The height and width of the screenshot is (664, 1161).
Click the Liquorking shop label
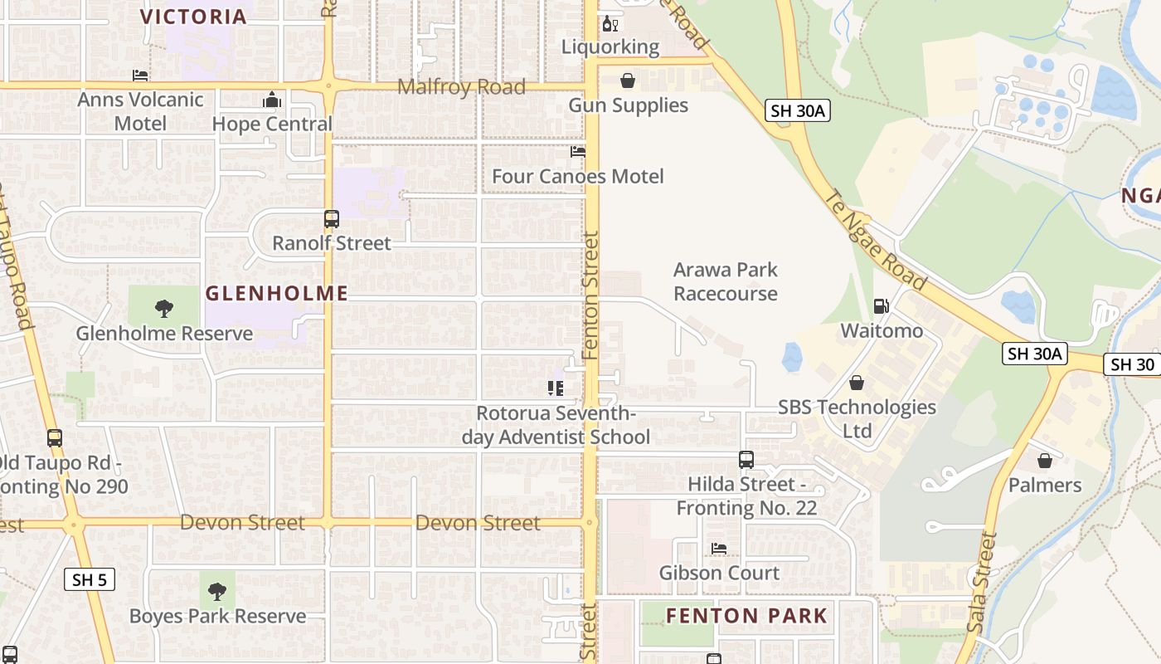(x=610, y=46)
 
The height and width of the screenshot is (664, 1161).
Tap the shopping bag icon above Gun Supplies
(x=628, y=81)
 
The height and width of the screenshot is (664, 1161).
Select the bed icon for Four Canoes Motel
(x=577, y=152)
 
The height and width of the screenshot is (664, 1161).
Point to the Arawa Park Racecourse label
(x=726, y=281)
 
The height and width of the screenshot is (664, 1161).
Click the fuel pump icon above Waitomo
(x=881, y=307)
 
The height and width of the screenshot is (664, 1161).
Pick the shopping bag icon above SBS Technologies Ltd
(x=857, y=383)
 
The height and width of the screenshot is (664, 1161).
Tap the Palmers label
(x=1045, y=485)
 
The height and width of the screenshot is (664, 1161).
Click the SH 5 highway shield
(x=90, y=579)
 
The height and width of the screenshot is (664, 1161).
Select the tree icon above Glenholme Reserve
(x=164, y=309)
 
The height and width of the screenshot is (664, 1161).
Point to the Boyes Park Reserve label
(x=217, y=617)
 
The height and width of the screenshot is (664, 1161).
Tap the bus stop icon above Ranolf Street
(x=332, y=219)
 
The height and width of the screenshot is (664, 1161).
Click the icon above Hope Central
(x=272, y=100)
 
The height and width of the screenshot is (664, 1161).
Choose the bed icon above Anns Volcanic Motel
(x=140, y=76)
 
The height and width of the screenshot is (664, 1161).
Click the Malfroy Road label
(x=461, y=87)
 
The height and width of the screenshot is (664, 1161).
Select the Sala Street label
(x=983, y=583)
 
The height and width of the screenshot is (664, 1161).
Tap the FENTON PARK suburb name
(x=747, y=616)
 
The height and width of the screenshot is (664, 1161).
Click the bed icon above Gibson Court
(x=719, y=549)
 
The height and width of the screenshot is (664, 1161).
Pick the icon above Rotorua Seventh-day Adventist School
(x=556, y=388)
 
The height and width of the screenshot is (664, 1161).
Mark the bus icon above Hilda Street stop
(x=746, y=459)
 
